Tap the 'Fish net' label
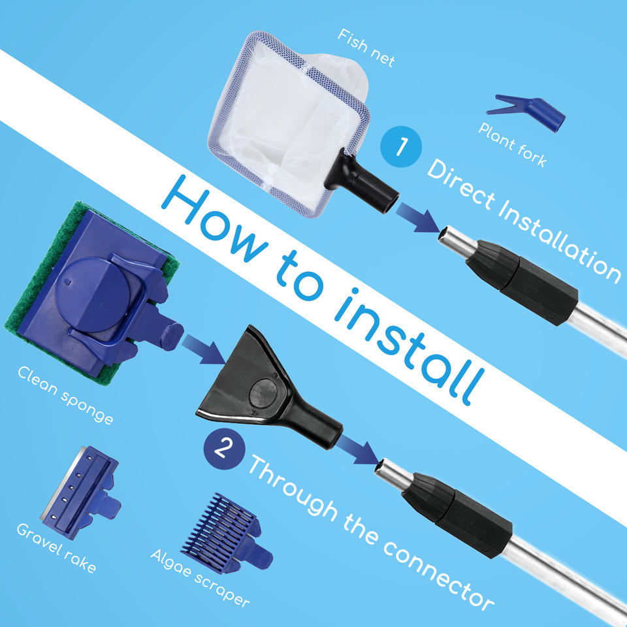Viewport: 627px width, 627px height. [366, 48]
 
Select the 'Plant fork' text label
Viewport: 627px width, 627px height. [512, 145]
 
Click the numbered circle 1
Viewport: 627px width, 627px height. [400, 146]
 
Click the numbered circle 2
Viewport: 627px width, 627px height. [224, 448]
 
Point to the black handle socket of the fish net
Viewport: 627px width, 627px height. [362, 180]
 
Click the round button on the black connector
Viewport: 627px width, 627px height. [263, 393]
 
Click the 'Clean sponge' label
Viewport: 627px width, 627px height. [65, 395]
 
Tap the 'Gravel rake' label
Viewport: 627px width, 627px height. [56, 548]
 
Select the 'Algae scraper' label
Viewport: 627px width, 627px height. [200, 578]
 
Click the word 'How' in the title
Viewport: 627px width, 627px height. [215, 218]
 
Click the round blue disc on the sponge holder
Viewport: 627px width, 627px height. [92, 295]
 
